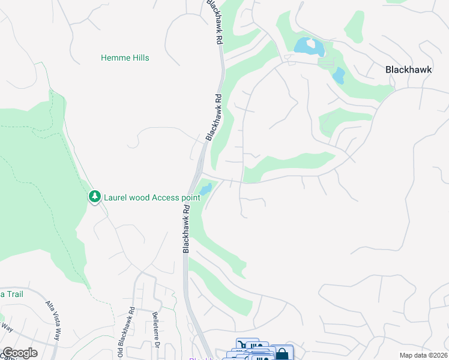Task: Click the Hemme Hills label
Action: pyautogui.click(x=125, y=58)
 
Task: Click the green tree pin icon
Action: pyautogui.click(x=94, y=197)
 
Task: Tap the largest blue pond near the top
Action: pyautogui.click(x=305, y=45)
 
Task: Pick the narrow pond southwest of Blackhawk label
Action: pyautogui.click(x=339, y=76)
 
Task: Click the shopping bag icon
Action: pyautogui.click(x=282, y=355)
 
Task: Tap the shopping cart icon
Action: pyautogui.click(x=243, y=345)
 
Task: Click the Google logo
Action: pyautogui.click(x=20, y=353)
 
